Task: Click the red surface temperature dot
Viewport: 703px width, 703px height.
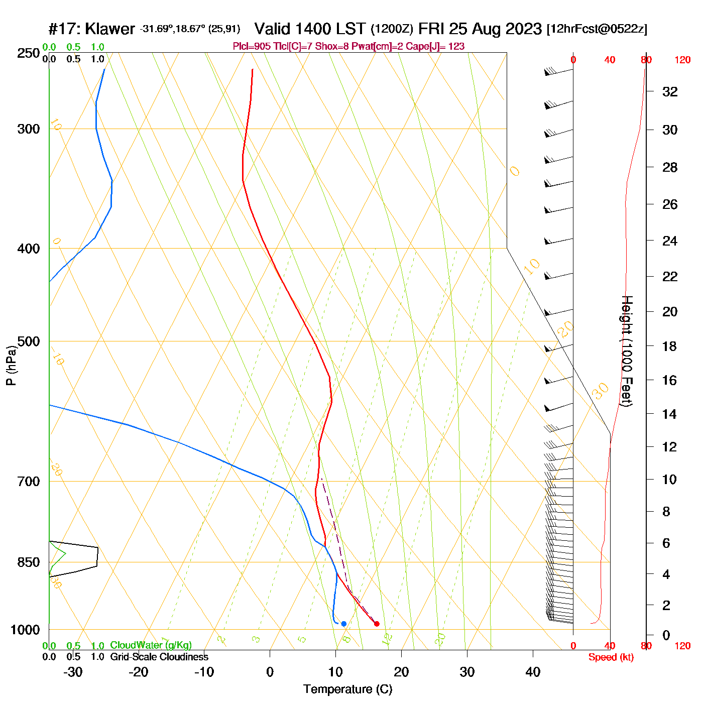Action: click(x=377, y=624)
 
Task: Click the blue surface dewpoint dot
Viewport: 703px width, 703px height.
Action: click(x=343, y=624)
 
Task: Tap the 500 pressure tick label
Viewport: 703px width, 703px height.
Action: click(x=29, y=341)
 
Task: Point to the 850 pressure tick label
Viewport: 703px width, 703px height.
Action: click(x=29, y=562)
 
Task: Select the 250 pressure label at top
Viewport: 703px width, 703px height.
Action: click(x=29, y=53)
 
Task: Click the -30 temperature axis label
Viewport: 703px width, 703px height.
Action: click(x=73, y=672)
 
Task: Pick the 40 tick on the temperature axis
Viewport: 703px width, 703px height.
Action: click(x=533, y=672)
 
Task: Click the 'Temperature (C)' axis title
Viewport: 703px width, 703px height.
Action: click(x=347, y=689)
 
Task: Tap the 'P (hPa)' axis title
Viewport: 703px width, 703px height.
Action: click(x=11, y=366)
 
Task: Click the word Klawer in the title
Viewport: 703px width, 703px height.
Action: click(x=110, y=29)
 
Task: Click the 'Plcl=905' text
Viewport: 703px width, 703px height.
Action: click(x=252, y=47)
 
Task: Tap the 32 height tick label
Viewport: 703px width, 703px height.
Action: click(x=670, y=92)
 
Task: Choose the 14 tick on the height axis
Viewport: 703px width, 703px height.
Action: click(x=669, y=414)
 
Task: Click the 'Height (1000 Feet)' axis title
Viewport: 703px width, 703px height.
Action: click(x=627, y=350)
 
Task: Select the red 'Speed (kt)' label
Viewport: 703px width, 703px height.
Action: click(x=611, y=657)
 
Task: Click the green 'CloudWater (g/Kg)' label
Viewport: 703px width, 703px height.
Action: click(x=151, y=645)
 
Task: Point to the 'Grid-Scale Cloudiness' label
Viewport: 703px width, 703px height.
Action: click(x=159, y=657)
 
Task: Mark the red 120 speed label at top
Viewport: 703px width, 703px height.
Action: click(x=682, y=60)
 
